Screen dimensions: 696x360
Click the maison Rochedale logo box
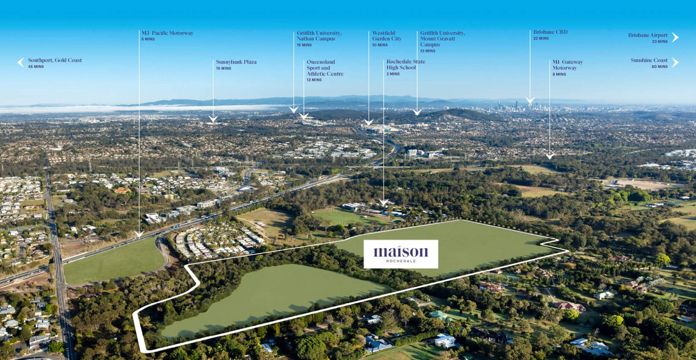coord(401,254)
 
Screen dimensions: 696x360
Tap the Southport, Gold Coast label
coord(55,60)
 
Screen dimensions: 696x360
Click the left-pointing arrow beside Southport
coord(21,62)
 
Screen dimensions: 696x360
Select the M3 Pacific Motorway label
coord(167,33)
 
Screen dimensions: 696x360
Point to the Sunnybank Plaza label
coord(236,62)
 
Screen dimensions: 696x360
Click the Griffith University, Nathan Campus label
coord(319,36)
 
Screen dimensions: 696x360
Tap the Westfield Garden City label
coord(387,36)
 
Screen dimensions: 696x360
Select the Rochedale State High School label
coord(405,64)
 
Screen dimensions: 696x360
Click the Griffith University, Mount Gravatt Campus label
coord(442,39)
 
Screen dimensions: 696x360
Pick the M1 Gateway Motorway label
coord(567,65)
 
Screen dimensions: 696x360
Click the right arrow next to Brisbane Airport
coord(675,37)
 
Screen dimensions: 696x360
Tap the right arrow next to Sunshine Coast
coord(675,62)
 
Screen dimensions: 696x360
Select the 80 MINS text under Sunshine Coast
coord(660,66)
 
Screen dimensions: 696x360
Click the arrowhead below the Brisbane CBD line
coord(529,101)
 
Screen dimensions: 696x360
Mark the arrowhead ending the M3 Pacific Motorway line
coord(139,234)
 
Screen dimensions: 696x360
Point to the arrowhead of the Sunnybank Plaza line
coord(213,119)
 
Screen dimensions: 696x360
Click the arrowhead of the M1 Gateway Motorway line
coord(550,156)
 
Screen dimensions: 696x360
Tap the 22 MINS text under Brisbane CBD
coord(541,39)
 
